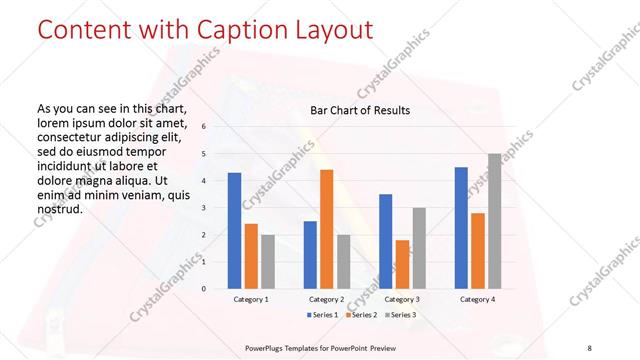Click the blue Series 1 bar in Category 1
click(234, 230)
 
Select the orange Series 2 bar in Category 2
click(326, 229)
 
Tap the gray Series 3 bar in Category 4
click(494, 221)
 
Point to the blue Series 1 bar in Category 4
click(461, 227)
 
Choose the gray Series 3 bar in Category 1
click(267, 261)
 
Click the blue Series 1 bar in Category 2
click(310, 254)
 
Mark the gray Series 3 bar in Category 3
click(418, 248)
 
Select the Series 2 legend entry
click(362, 315)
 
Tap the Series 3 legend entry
click(399, 315)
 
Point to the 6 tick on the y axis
click(203, 127)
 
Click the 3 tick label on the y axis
click(203, 208)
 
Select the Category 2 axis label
click(326, 299)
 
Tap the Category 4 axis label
click(477, 299)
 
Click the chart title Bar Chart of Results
click(360, 110)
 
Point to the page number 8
click(589, 348)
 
